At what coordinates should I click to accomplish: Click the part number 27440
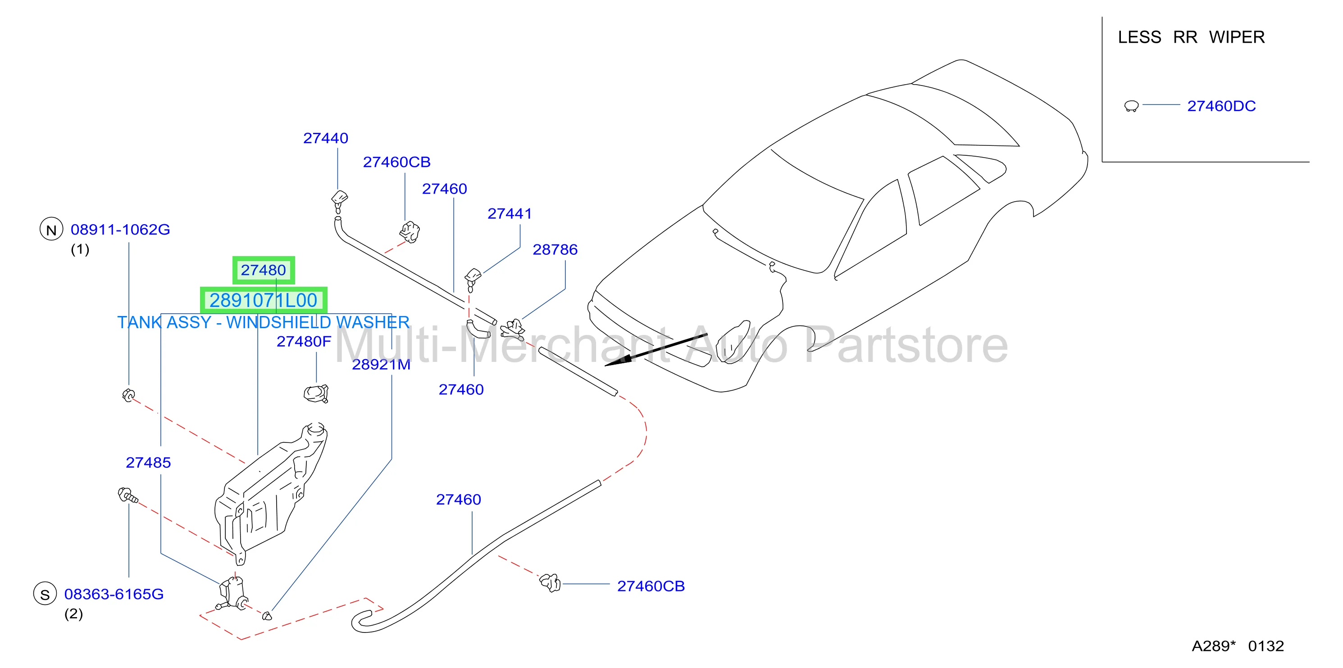325,138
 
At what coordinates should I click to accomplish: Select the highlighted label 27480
263,270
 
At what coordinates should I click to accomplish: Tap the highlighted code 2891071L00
263,300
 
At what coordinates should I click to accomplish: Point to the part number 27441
510,214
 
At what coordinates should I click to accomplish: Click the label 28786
555,249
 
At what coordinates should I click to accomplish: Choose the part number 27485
148,463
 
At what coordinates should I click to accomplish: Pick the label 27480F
304,342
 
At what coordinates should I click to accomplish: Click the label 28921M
381,365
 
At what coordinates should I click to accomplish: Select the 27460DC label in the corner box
1221,106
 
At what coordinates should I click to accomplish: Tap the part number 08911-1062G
120,230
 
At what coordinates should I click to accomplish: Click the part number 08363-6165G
114,595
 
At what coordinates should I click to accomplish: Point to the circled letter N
51,230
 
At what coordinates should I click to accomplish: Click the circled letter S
45,594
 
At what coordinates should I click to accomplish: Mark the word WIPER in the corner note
1237,37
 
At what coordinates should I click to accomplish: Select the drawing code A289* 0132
1238,646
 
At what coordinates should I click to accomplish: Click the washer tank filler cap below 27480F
316,393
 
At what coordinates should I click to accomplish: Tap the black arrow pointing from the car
656,350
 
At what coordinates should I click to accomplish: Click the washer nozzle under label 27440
339,201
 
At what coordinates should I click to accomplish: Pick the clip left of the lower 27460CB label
550,582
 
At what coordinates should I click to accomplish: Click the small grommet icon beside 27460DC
1131,106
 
